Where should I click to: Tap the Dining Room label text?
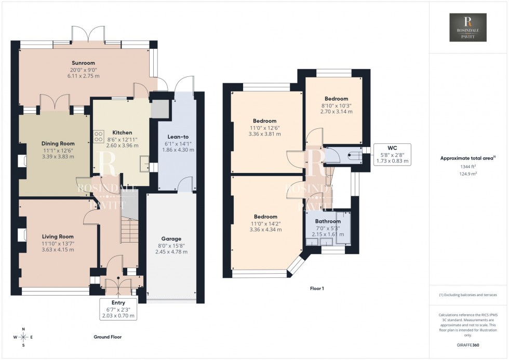point(58,143)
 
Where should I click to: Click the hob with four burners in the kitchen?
point(98,136)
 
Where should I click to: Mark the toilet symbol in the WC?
point(355,154)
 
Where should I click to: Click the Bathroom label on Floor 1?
point(328,221)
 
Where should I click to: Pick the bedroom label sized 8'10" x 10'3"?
point(336,99)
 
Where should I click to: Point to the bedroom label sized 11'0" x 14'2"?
point(265,217)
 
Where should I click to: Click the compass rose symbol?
point(23,337)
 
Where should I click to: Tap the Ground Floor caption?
point(108,337)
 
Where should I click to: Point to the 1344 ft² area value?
point(468,167)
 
